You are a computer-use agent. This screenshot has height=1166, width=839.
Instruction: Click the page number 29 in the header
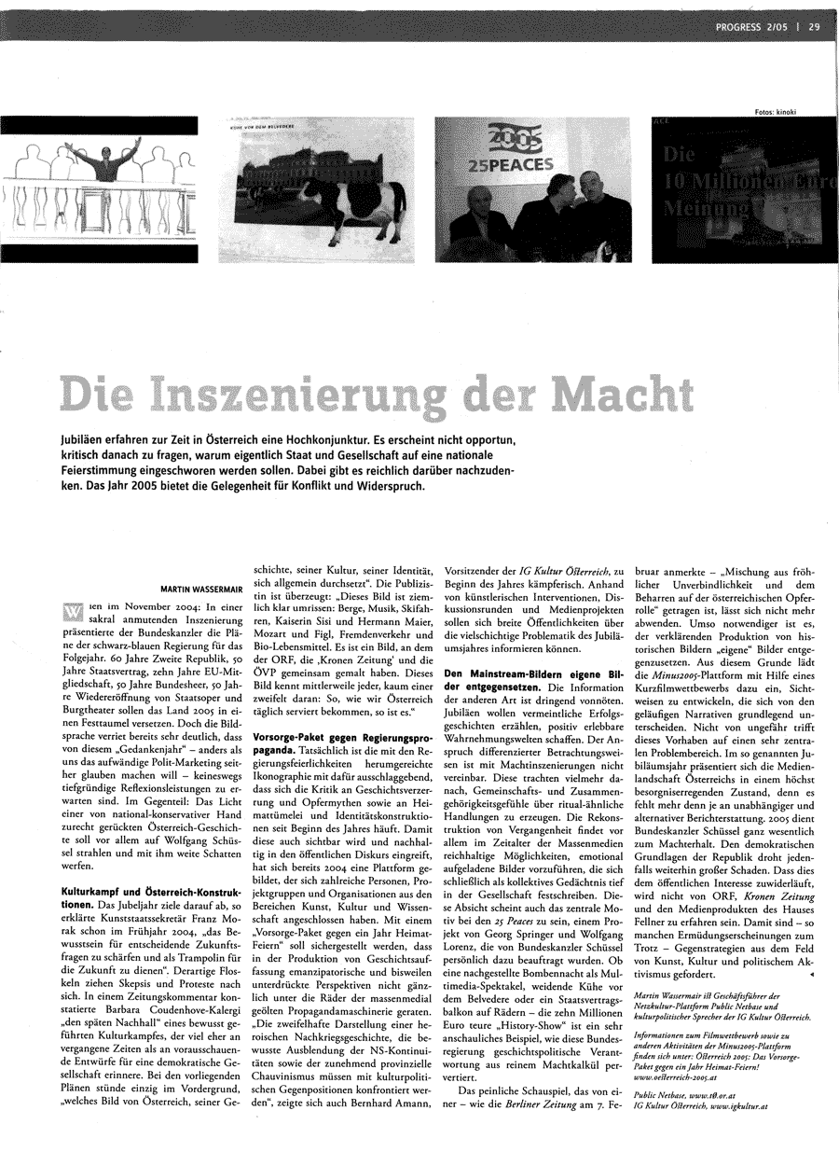(x=814, y=27)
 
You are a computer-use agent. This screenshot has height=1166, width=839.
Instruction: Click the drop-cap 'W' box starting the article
(x=72, y=611)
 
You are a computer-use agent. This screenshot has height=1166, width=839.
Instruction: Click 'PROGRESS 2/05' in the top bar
(x=753, y=27)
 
